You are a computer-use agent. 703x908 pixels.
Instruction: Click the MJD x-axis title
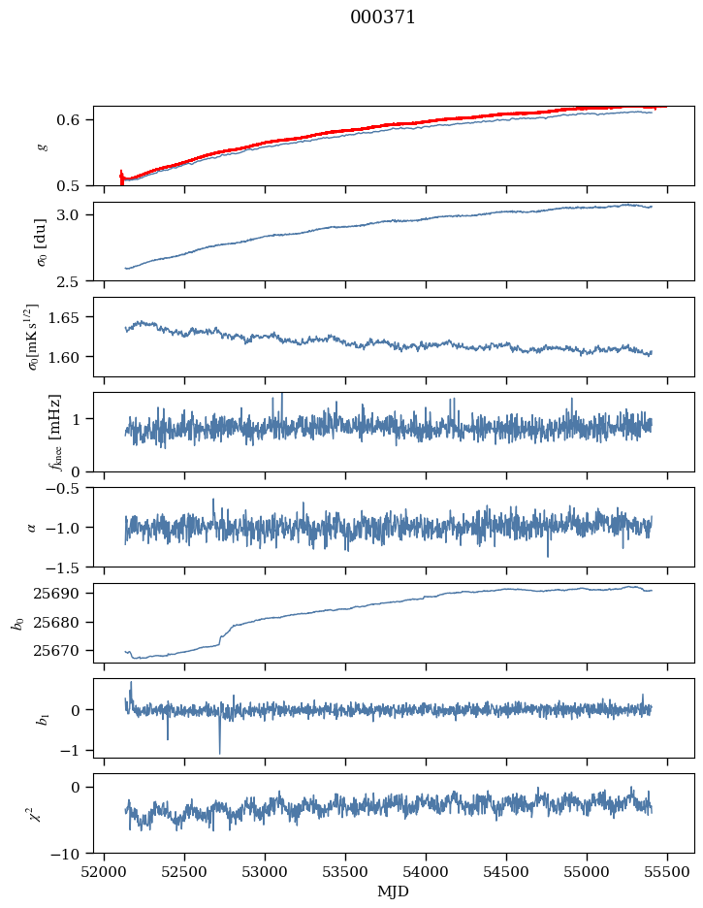point(394,891)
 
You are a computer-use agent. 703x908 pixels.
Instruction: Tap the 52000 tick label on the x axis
point(105,870)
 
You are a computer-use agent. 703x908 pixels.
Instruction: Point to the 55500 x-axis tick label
point(667,870)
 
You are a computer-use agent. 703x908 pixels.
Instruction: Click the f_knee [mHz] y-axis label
point(54,432)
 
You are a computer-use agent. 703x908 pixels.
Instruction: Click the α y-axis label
point(32,527)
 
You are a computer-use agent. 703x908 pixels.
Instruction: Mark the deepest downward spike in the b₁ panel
point(219,752)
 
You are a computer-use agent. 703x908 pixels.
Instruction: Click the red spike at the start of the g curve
point(121,177)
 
